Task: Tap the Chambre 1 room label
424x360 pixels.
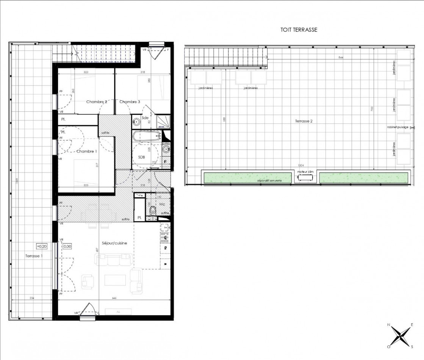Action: click(x=87, y=152)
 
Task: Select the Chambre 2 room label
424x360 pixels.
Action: click(x=97, y=102)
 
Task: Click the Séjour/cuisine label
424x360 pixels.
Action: click(x=112, y=243)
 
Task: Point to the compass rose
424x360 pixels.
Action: click(x=400, y=335)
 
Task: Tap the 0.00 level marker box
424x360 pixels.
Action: click(x=67, y=246)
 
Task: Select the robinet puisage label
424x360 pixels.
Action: click(x=397, y=127)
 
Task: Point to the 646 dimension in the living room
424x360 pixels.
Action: click(x=115, y=298)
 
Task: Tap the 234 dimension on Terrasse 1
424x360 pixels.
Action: click(x=32, y=298)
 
